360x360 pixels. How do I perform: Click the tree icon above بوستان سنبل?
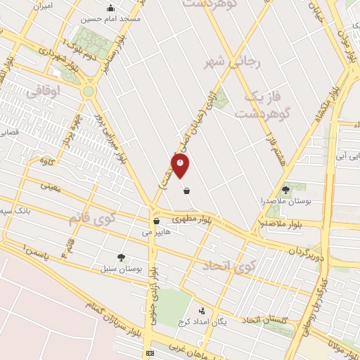[x=122, y=257]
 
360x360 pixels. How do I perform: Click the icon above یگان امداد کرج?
[x=202, y=310]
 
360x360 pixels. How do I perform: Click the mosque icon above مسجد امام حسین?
[x=110, y=8]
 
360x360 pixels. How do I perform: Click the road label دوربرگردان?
[x=308, y=250]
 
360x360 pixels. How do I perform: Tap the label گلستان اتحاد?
[x=265, y=321]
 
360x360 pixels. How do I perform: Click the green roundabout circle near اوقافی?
[x=88, y=92]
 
